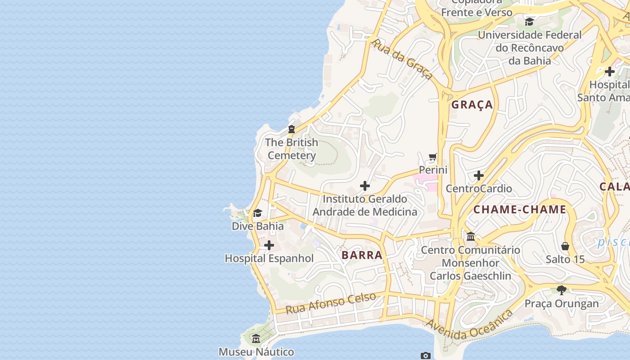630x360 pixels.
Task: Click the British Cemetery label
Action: pos(292,149)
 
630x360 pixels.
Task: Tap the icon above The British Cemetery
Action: pos(292,130)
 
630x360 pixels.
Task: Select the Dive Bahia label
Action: pos(257,226)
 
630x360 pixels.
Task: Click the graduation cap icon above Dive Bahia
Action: pos(257,213)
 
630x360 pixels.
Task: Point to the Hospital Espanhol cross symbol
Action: pos(269,245)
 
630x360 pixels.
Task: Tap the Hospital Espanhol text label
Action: pos(269,258)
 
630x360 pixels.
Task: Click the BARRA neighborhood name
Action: pos(362,255)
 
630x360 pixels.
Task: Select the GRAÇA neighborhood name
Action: pos(472,105)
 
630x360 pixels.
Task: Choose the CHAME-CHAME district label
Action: pos(519,209)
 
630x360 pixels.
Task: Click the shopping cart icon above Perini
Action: pos(433,157)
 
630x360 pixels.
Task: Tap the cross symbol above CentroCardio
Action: pos(479,175)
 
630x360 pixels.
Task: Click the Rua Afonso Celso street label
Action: pos(331,303)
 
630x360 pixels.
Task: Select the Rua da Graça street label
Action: pos(403,59)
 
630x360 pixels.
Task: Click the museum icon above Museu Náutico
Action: pos(256,339)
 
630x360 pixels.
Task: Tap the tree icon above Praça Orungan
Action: pos(561,290)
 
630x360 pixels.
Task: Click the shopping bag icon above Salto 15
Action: pos(565,246)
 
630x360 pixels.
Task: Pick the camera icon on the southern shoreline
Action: pos(425,355)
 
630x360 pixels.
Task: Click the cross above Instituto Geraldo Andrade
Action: pos(365,186)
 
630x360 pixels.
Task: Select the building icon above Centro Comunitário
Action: pos(471,237)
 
